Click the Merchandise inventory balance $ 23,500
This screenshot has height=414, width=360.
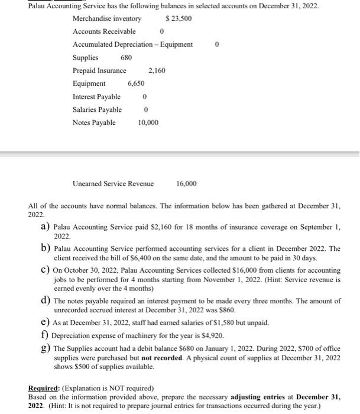[x=179, y=19]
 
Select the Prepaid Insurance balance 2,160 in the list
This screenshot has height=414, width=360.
[x=157, y=71]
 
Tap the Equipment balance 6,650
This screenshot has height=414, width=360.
[x=136, y=84]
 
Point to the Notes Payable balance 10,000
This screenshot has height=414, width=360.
[x=148, y=123]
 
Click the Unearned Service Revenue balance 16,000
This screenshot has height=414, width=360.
[x=187, y=184]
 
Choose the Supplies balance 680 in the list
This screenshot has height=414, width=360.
[x=126, y=58]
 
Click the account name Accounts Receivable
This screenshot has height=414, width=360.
[x=104, y=32]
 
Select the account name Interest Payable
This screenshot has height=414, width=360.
[x=96, y=97]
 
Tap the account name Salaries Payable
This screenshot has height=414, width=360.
[x=97, y=110]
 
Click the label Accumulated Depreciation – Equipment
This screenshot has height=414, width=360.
[x=132, y=45]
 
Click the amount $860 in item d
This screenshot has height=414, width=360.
[x=227, y=310]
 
